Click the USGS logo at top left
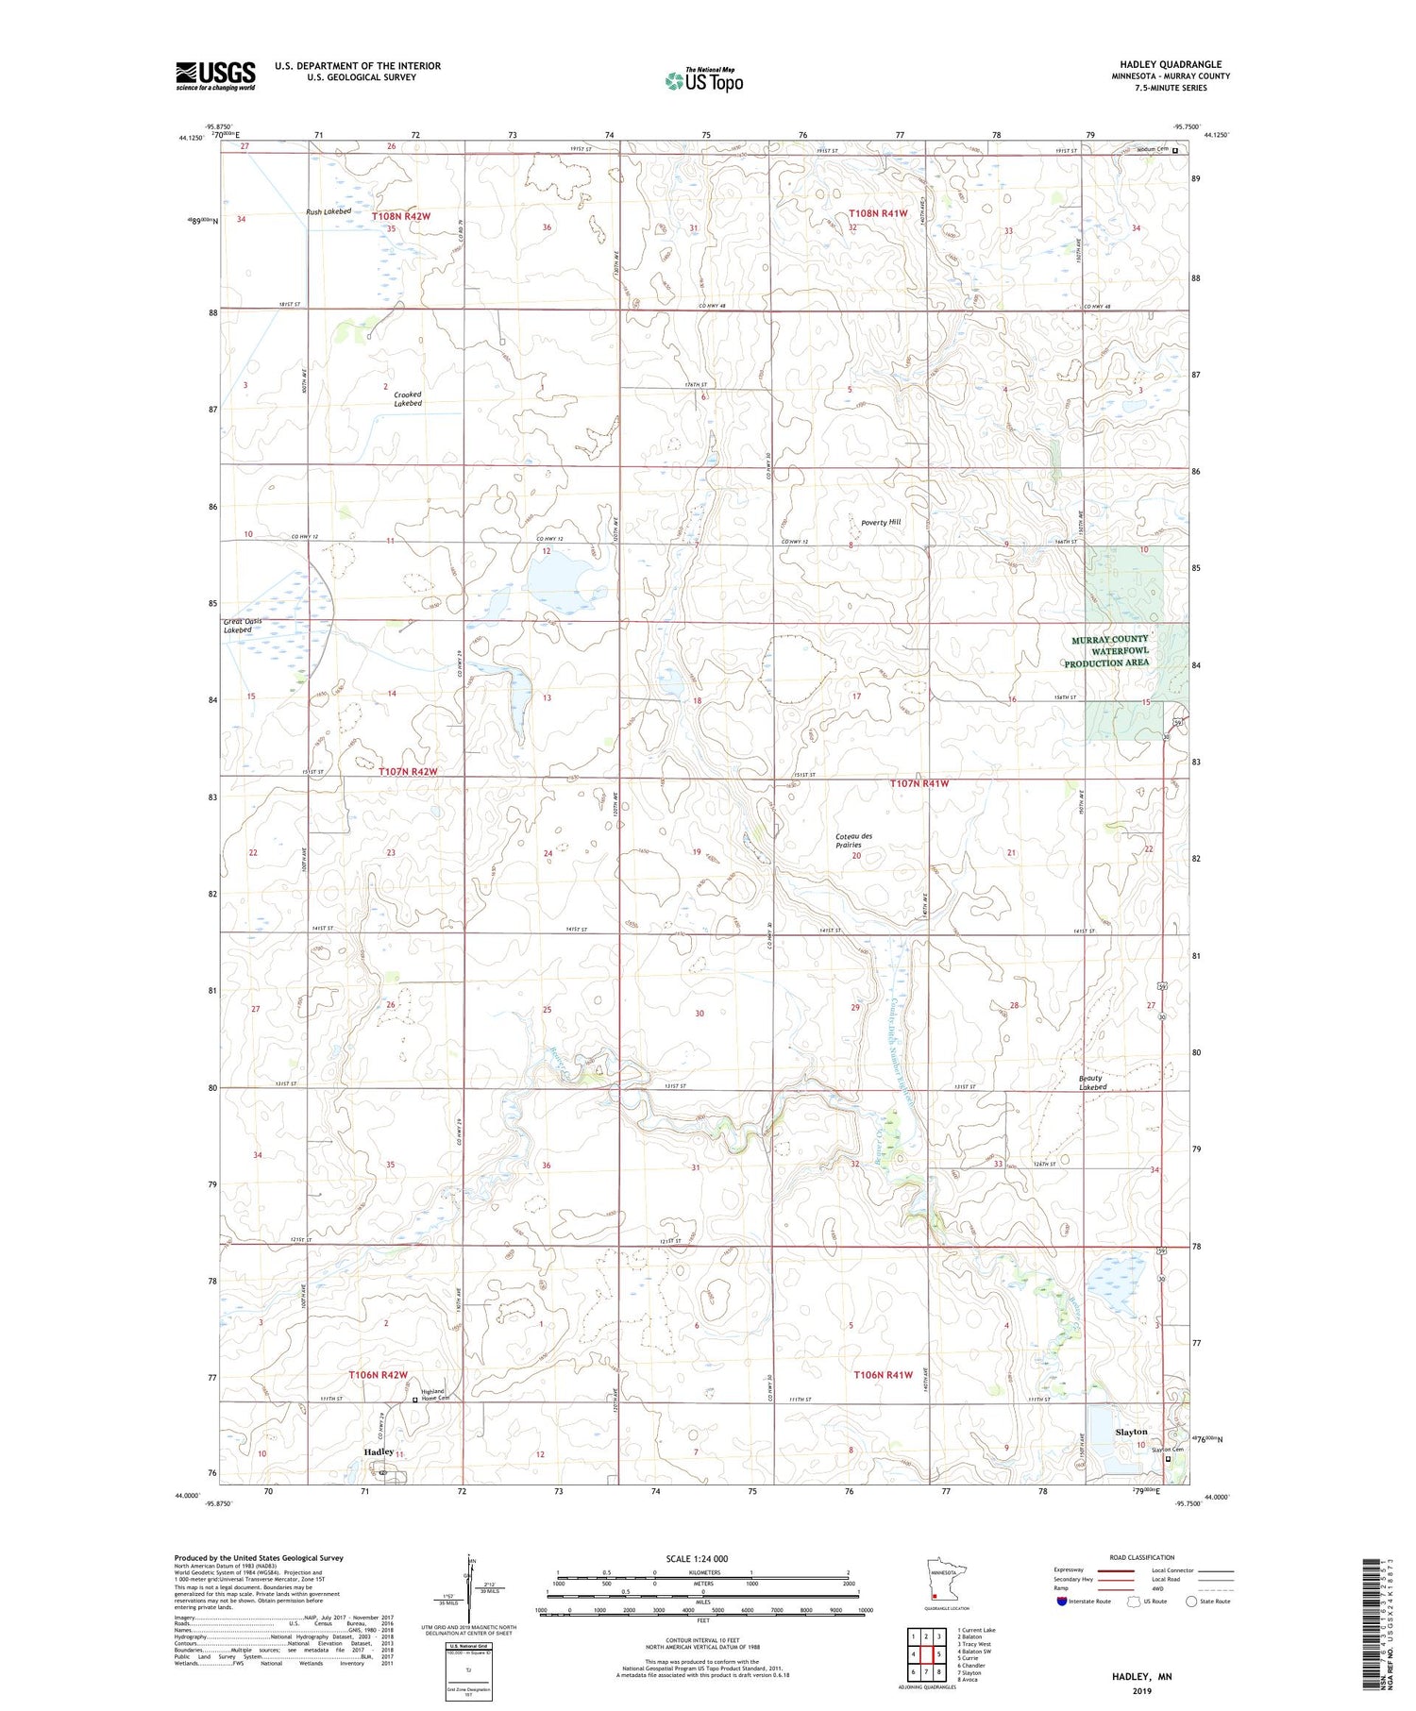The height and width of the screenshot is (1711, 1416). (215, 75)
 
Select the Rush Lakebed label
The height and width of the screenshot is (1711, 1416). (329, 211)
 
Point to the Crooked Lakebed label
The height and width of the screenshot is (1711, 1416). (408, 398)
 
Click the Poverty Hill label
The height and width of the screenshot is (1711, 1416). (881, 522)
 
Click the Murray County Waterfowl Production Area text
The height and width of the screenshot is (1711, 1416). (1109, 651)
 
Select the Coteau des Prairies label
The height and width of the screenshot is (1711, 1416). (853, 840)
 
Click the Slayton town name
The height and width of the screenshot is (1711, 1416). (1131, 1432)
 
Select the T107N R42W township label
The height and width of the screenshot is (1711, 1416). (408, 771)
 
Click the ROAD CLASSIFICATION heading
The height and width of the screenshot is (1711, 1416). (1142, 1557)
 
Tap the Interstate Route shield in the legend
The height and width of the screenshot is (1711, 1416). (1062, 1602)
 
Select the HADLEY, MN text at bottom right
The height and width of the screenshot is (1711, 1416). (1141, 1676)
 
